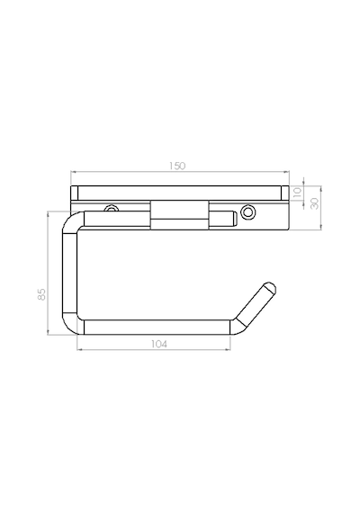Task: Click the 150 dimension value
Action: tap(177, 166)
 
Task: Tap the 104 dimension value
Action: tap(159, 344)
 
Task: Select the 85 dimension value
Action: tap(41, 294)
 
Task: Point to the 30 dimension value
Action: tap(314, 203)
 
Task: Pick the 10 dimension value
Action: tap(297, 193)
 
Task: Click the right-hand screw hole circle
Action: tap(247, 212)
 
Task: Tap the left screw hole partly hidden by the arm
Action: tap(112, 208)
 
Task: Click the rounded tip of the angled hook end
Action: tap(271, 286)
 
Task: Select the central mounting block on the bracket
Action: tap(179, 214)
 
